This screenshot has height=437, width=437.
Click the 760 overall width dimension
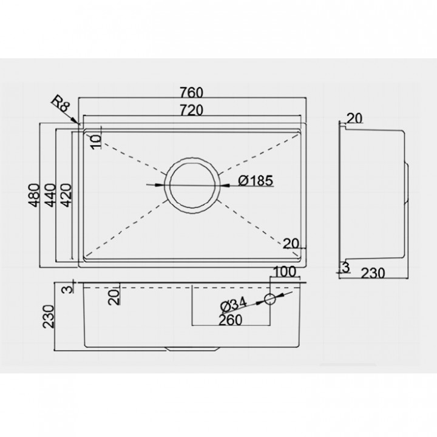pyautogui.click(x=191, y=92)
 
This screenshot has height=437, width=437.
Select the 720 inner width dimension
pyautogui.click(x=191, y=110)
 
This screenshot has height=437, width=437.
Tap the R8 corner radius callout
pyautogui.click(x=61, y=104)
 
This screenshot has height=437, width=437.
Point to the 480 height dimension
pyautogui.click(x=35, y=195)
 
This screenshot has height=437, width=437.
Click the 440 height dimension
pyautogui.click(x=50, y=195)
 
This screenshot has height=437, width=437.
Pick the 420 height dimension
pyautogui.click(x=66, y=195)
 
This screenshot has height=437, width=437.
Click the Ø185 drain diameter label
pyautogui.click(x=256, y=181)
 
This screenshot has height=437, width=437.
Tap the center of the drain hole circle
pyautogui.click(x=192, y=186)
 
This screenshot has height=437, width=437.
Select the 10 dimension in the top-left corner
pyautogui.click(x=96, y=142)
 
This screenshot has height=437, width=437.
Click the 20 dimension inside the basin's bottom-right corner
pyautogui.click(x=291, y=244)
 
